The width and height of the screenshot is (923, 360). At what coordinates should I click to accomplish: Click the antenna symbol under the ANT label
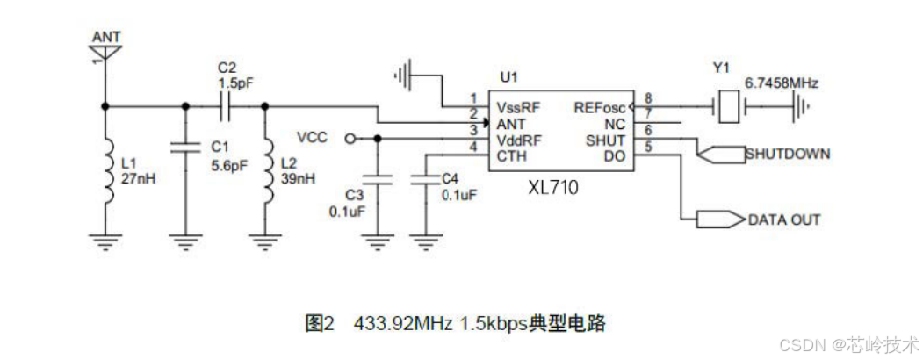tap(105, 54)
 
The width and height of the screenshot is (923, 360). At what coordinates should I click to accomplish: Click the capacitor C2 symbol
tap(226, 106)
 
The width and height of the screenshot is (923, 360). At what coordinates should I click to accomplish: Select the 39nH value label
tap(297, 179)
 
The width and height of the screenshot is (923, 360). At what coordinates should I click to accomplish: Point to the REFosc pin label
tap(600, 107)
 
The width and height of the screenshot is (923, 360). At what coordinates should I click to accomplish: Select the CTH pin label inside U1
tap(511, 155)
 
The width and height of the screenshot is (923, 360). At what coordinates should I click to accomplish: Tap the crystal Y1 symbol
tap(725, 106)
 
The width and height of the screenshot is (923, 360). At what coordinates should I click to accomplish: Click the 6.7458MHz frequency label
tap(781, 83)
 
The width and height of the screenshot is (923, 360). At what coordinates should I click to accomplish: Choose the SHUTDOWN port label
tap(787, 155)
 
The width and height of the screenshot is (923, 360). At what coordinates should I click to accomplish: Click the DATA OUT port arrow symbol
tap(719, 219)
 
